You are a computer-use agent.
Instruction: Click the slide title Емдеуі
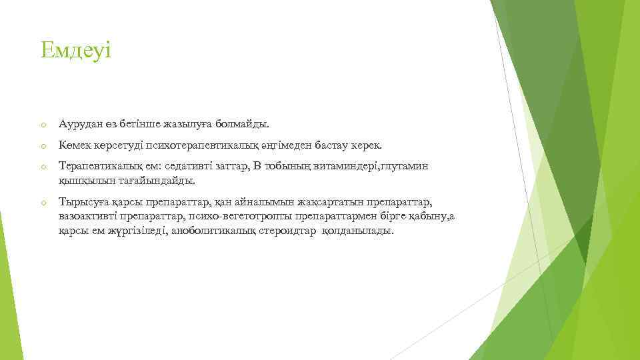[x=76, y=51]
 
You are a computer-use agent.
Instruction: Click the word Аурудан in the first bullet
[x=79, y=124]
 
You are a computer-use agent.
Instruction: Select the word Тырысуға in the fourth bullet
[x=79, y=202]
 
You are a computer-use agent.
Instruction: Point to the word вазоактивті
[x=89, y=216]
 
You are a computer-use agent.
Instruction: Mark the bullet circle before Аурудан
[x=42, y=125]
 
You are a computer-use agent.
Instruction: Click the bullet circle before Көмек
[x=42, y=146]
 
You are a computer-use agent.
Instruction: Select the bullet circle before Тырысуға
[x=42, y=203]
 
